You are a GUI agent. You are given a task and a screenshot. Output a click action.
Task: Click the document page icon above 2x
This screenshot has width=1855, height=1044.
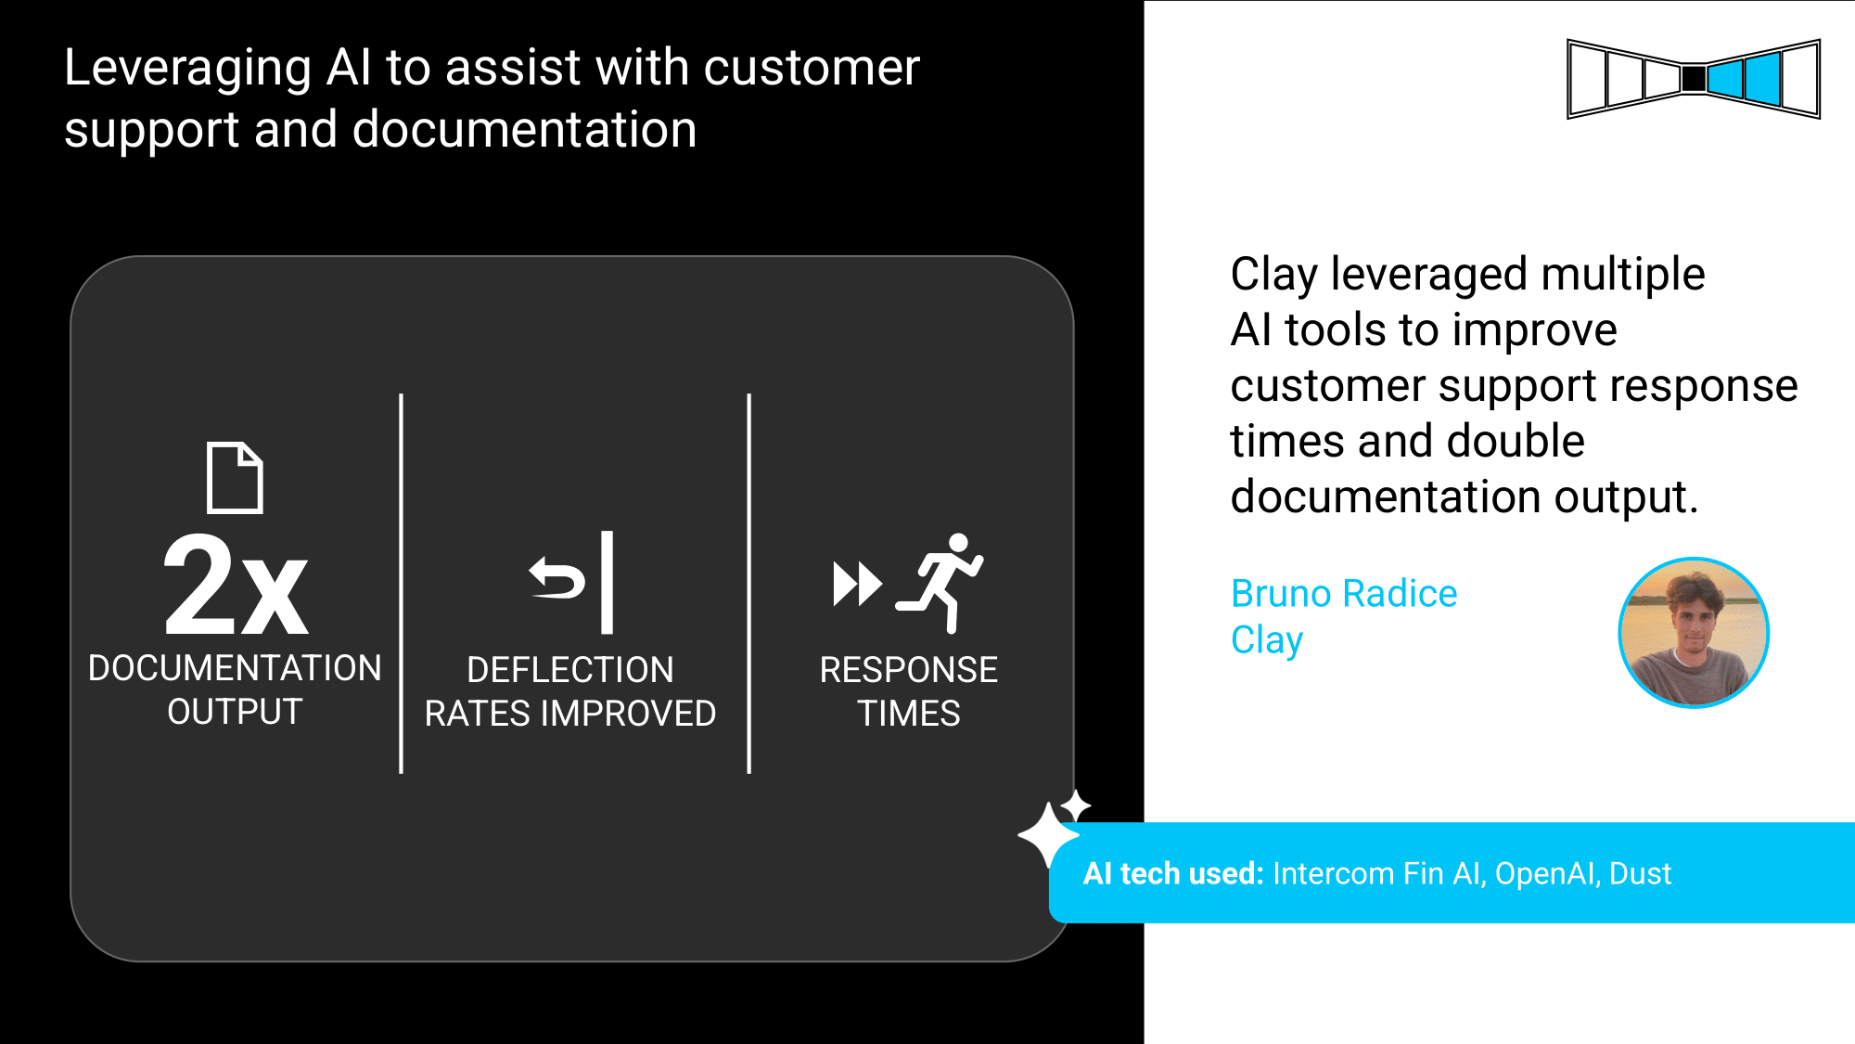pos(235,477)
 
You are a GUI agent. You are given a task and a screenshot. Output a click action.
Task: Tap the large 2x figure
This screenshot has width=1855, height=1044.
pos(236,586)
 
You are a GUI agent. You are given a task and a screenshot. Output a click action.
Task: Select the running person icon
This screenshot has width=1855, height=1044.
pos(940,583)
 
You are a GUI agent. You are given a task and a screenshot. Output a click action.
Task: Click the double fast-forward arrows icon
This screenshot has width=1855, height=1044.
pos(857,584)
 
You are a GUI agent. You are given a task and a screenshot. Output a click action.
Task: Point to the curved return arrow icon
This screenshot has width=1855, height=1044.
pos(556,578)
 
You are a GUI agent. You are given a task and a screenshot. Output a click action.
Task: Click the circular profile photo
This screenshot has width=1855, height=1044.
pos(1694,633)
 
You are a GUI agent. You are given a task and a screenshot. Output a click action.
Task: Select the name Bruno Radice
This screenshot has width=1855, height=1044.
pos(1344,593)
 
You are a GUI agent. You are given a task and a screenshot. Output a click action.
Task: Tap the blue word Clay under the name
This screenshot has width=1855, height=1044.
pos(1267,640)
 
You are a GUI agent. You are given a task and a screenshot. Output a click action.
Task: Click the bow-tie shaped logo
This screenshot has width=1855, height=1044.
pos(1694,79)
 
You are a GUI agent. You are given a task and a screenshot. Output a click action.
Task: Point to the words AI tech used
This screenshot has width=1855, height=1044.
pos(1173,873)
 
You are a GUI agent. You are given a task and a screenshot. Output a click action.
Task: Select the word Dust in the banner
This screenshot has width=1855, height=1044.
pos(1640,873)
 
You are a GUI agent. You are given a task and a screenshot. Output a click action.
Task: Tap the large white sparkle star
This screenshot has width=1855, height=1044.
pos(1048,834)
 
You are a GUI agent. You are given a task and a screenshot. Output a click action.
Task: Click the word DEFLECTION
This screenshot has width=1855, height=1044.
pos(570,670)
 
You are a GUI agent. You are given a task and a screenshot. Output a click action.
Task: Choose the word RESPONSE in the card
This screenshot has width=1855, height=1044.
pos(909,670)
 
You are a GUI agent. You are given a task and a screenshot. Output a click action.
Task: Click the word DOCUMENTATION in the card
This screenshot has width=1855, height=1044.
pos(235,668)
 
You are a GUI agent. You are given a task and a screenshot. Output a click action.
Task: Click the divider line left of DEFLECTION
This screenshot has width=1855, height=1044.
pos(401,584)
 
